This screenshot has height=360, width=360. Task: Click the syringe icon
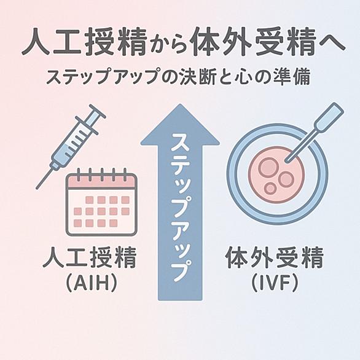click(x=71, y=146)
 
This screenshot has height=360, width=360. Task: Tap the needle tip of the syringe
click(x=37, y=189)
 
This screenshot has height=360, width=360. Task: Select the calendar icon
click(x=101, y=202)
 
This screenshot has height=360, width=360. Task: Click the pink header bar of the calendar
click(x=101, y=181)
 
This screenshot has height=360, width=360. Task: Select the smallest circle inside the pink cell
click(x=270, y=189)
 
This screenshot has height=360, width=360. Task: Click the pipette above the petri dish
click(x=315, y=133)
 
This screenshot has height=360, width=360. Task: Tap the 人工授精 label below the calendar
click(x=90, y=257)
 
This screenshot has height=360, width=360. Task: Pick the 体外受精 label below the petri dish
click(x=275, y=257)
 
